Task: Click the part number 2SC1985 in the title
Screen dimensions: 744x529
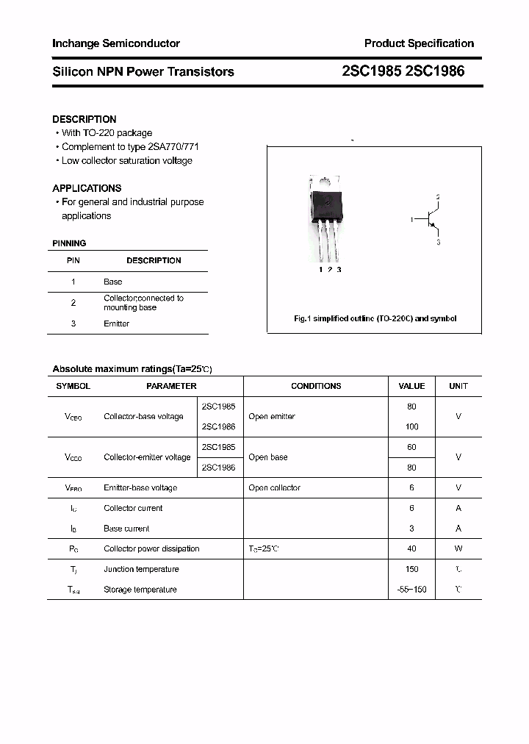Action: (371, 71)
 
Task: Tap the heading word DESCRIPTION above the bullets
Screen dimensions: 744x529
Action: (84, 119)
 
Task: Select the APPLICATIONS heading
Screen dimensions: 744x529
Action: (87, 188)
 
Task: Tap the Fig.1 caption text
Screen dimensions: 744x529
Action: (375, 318)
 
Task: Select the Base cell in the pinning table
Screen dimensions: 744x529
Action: (113, 282)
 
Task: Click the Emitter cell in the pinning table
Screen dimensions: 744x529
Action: (117, 323)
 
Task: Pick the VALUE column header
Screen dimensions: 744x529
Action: (411, 386)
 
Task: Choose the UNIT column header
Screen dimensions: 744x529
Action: (458, 386)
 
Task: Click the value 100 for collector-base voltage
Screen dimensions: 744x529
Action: (411, 426)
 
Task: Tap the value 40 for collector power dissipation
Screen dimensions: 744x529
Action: (411, 548)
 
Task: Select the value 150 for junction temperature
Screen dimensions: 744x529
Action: (411, 569)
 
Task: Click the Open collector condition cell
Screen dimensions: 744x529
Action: (275, 487)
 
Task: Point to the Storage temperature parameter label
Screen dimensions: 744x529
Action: (140, 590)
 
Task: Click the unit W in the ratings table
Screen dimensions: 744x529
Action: (458, 548)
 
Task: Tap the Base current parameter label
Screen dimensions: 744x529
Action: (126, 529)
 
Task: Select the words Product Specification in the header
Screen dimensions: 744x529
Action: (419, 43)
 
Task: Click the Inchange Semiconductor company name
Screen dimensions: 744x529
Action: (116, 43)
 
